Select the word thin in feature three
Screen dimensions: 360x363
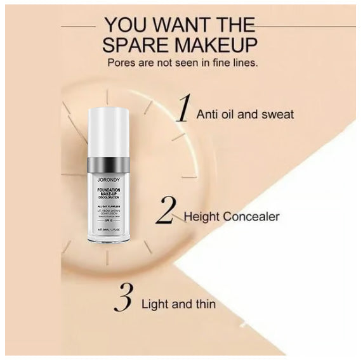[203, 304]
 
